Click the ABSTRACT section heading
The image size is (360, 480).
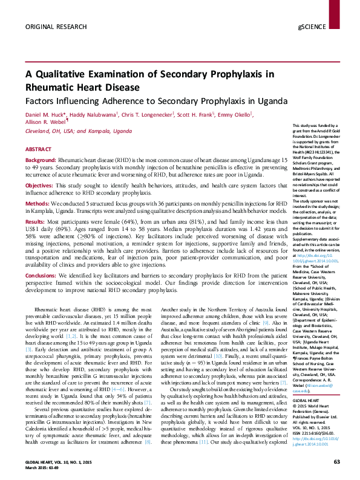[x=38, y=149]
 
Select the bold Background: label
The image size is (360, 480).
[x=42, y=160]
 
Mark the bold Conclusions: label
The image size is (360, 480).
[x=43, y=276]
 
